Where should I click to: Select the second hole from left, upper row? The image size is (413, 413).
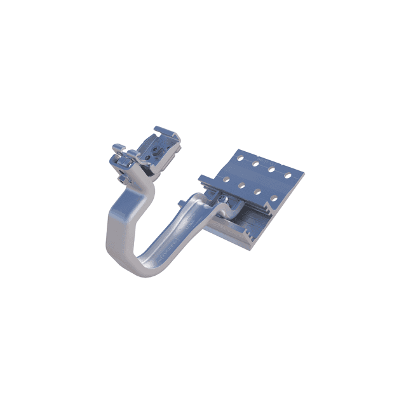point(255,165)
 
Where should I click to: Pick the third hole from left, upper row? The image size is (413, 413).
point(271,170)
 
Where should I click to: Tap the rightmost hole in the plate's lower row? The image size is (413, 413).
point(274,198)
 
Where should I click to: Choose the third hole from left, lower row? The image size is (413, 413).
point(258,193)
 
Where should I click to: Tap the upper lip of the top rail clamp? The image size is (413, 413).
point(166,132)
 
